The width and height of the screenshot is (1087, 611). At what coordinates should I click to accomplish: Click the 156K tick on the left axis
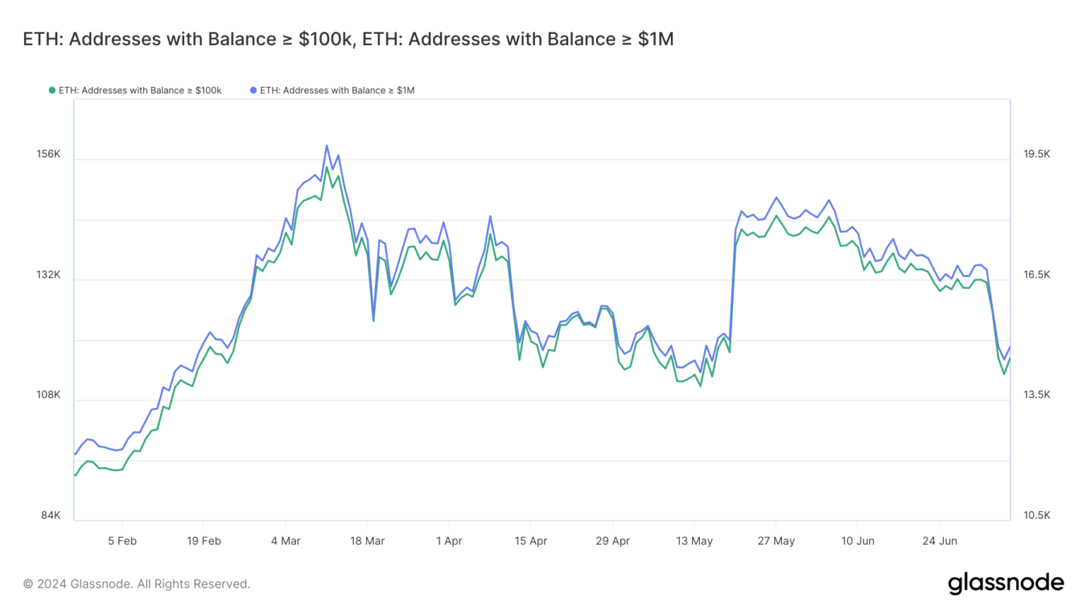coord(48,154)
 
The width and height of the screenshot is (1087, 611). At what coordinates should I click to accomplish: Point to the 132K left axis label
coord(48,274)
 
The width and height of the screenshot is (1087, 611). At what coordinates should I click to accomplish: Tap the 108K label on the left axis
coord(48,395)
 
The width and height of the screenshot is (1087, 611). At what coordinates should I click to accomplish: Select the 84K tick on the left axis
coord(50,516)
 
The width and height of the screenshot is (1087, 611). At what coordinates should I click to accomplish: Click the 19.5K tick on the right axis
coord(1037,154)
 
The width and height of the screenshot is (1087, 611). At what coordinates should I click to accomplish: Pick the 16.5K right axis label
coord(1037,274)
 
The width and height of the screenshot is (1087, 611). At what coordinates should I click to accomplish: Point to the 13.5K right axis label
coord(1037,395)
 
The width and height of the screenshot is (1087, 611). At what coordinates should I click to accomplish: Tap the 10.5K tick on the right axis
coord(1037,516)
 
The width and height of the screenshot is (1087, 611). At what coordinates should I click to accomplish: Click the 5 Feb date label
coord(122,541)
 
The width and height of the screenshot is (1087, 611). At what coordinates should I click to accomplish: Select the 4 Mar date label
coord(285,541)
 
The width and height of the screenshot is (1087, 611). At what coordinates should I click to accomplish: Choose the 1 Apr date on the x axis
coord(449,541)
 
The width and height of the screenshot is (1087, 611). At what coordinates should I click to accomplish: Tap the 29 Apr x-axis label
coord(612,541)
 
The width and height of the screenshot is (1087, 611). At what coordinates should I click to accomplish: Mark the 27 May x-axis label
coord(776,541)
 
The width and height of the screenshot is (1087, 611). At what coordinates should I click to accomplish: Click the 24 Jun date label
coord(939,541)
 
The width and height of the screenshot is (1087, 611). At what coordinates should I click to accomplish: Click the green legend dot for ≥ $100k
coord(52,91)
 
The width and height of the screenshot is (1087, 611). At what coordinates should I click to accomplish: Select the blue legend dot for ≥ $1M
coord(253,91)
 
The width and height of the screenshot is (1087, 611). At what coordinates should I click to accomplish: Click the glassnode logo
coord(1006,583)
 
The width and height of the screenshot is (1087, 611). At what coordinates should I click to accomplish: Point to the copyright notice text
coord(137,584)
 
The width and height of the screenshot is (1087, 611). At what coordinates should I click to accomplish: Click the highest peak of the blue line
coord(326,146)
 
